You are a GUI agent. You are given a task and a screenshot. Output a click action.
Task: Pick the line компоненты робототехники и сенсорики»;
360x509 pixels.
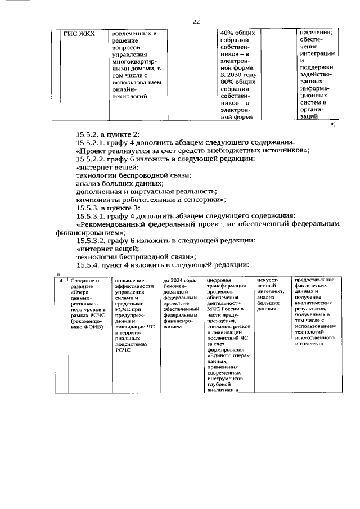tap(151, 200)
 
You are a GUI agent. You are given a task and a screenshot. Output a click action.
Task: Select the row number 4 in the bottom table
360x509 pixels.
tap(61, 280)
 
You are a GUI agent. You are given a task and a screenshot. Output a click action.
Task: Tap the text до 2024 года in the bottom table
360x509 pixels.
tap(179, 280)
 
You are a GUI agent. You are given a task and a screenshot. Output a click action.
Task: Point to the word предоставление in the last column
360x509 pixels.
tap(314, 280)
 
